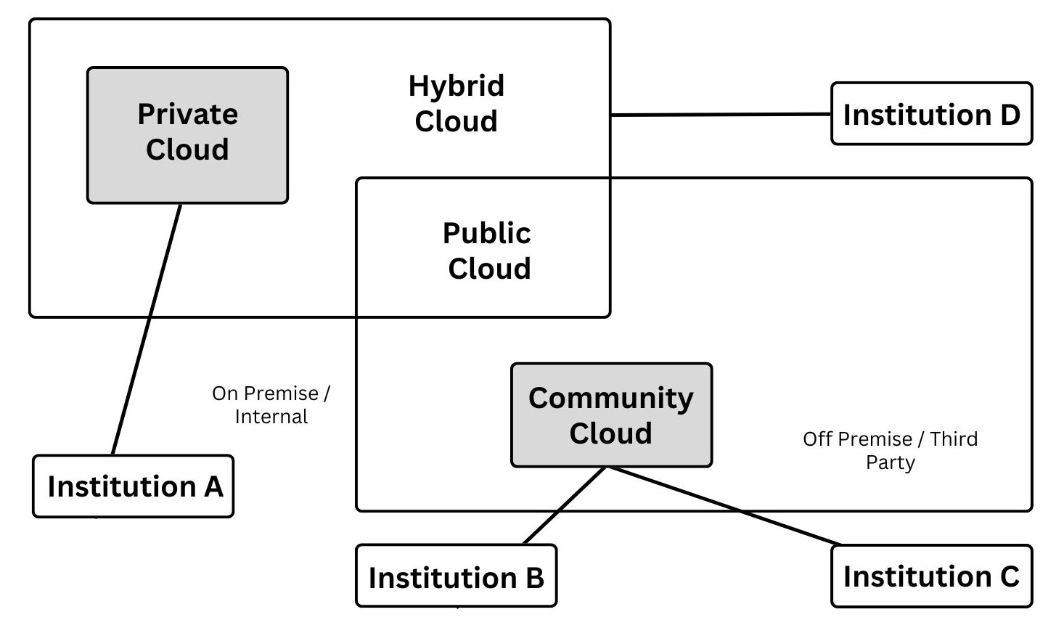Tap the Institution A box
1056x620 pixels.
pyautogui.click(x=134, y=486)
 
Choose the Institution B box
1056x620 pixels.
pyautogui.click(x=456, y=577)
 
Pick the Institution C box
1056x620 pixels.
pyautogui.click(x=931, y=576)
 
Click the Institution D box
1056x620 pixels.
pyautogui.click(x=931, y=114)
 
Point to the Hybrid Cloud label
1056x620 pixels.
pyautogui.click(x=456, y=103)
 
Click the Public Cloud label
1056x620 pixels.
pyautogui.click(x=488, y=250)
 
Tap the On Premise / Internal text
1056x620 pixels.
pyautogui.click(x=271, y=405)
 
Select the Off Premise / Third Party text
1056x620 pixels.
pyautogui.click(x=890, y=450)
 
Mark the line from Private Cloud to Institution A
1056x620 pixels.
pyautogui.click(x=147, y=328)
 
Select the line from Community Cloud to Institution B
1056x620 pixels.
pyautogui.click(x=565, y=505)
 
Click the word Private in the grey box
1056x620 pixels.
pyautogui.click(x=187, y=115)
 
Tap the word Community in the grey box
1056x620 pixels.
pyautogui.click(x=610, y=399)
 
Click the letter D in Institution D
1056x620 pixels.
pyautogui.click(x=1008, y=114)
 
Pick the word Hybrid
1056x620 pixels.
pyautogui.click(x=456, y=86)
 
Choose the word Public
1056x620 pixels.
pyautogui.click(x=486, y=233)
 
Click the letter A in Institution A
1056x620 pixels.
pyautogui.click(x=213, y=486)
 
